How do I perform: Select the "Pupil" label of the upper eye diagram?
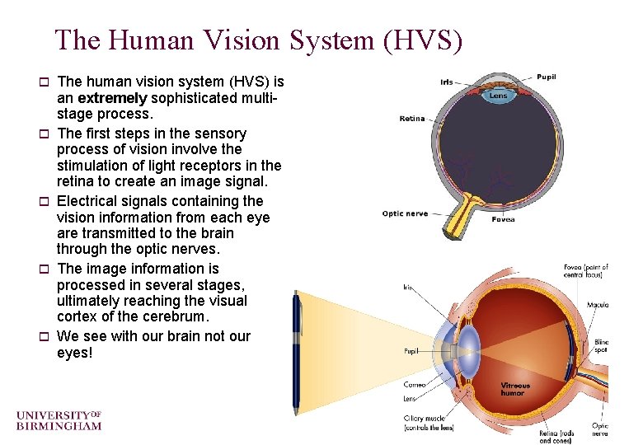click(546, 77)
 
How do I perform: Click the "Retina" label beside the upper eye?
click(412, 119)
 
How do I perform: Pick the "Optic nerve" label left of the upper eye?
click(405, 214)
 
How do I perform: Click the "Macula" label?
click(598, 305)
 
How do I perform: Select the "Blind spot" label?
click(601, 346)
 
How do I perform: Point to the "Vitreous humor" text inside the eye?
click(516, 389)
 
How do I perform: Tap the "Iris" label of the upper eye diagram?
click(446, 82)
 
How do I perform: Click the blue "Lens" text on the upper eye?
click(499, 96)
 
